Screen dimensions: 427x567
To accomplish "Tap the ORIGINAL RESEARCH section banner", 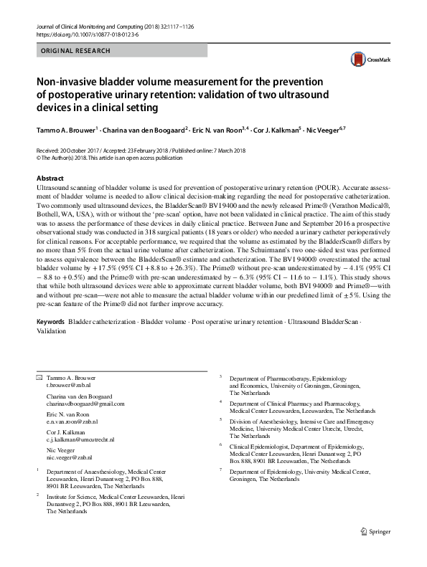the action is [x=75, y=51].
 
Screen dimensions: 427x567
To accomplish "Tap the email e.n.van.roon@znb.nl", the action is [x=72, y=422].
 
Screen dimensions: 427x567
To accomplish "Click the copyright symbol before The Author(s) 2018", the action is [x=38, y=157].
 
